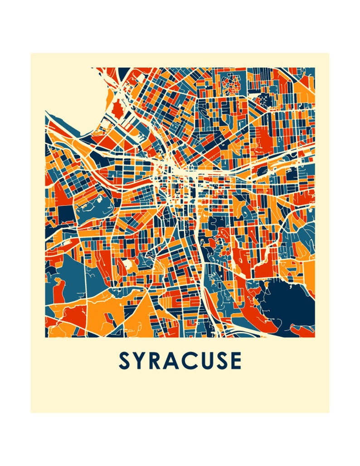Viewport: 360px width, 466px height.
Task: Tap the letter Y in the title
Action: pyautogui.click(x=141, y=361)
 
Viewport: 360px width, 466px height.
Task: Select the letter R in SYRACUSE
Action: pyautogui.click(x=156, y=361)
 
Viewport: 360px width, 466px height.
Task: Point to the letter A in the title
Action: pyautogui.click(x=173, y=361)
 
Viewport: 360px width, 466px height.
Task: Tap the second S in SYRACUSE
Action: pyautogui.click(x=222, y=361)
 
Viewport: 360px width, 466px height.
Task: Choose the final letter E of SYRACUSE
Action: pyautogui.click(x=236, y=361)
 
